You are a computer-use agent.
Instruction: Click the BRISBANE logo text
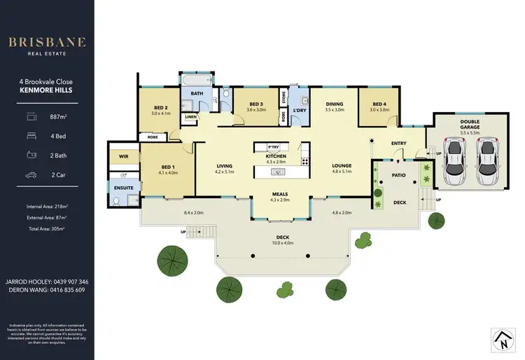[47, 41]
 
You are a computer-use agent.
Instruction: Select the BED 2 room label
[161, 107]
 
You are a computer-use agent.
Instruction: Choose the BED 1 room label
[168, 167]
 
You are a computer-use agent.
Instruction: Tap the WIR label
[123, 157]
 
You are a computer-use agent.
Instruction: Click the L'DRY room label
[300, 110]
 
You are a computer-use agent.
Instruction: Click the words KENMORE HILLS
[47, 91]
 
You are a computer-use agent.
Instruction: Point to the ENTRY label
[398, 144]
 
